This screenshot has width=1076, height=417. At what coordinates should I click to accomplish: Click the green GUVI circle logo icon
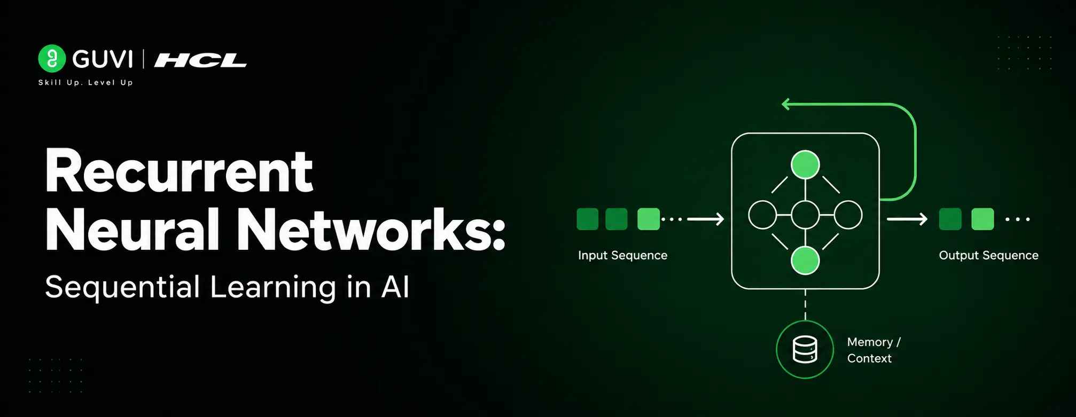point(52,58)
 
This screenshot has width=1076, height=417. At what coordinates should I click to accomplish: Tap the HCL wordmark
point(200,60)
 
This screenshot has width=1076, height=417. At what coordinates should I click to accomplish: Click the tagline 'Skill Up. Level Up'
point(85,82)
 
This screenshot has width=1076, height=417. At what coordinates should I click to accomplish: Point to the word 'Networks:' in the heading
point(371,230)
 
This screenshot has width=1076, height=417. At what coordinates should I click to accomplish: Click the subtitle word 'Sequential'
point(122,287)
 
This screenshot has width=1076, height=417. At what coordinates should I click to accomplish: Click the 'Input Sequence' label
point(622,255)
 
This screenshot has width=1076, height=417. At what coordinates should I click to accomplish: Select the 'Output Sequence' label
point(988,255)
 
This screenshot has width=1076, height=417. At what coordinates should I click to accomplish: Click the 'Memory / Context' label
point(874,350)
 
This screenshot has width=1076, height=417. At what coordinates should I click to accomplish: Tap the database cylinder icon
point(805,350)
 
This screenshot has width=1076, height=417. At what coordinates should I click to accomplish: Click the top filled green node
point(805,164)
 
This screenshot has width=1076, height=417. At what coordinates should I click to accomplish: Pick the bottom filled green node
point(805,261)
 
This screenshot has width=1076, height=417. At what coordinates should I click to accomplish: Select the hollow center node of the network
point(805,215)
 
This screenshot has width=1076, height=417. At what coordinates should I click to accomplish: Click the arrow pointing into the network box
point(705,219)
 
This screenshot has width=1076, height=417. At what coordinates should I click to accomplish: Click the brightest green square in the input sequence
point(649,219)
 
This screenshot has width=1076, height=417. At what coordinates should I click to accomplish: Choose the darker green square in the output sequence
point(950,219)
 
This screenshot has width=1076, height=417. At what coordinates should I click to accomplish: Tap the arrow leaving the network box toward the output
point(907,219)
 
